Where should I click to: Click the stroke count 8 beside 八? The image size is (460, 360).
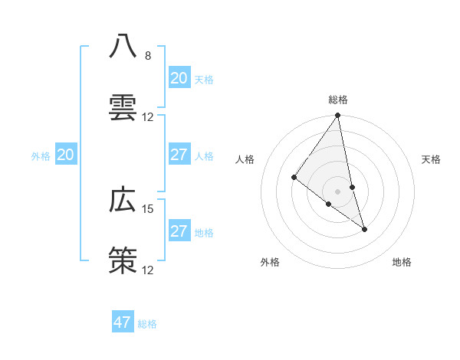[x=148, y=55]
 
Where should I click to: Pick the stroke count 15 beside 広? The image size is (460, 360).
[x=148, y=208]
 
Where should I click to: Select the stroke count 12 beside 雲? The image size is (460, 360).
[x=148, y=117]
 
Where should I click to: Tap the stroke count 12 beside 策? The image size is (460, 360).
[x=148, y=270]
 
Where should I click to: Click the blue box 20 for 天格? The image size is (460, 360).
[x=179, y=78]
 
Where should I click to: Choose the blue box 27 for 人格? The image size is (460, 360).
[x=179, y=155]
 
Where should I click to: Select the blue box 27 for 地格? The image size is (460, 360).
[x=179, y=231]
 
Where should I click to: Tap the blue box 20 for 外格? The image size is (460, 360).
[x=65, y=155]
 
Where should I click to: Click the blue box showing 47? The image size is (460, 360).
[x=123, y=322]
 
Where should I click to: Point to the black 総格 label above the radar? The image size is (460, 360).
[x=338, y=100]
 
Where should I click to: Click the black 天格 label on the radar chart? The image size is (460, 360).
[x=431, y=159]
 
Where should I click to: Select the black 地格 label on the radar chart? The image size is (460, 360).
[x=402, y=262]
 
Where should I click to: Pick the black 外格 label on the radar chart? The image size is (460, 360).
[x=270, y=262]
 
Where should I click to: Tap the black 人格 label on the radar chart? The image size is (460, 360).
[x=245, y=159]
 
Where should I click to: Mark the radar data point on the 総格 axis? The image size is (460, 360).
[x=338, y=116]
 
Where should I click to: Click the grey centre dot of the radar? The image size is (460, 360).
[x=338, y=191]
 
